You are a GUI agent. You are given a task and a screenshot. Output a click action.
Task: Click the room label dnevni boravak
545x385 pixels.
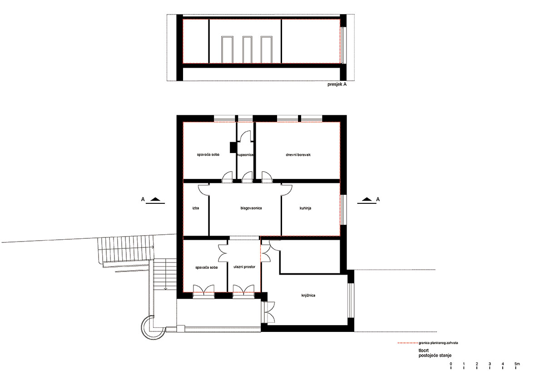(x=298, y=155)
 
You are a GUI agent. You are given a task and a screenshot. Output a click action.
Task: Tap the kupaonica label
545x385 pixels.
(x=245, y=155)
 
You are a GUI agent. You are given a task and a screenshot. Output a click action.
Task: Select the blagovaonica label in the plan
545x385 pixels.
(x=251, y=208)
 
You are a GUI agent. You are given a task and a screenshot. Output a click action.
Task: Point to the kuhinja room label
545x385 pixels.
(x=305, y=208)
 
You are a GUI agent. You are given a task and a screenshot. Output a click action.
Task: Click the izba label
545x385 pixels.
(x=196, y=208)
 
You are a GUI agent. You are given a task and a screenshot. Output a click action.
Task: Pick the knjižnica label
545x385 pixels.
(x=308, y=296)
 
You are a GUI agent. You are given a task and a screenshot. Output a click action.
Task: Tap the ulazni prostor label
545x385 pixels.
(x=244, y=267)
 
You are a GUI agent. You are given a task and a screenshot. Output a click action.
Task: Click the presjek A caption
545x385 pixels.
(x=337, y=84)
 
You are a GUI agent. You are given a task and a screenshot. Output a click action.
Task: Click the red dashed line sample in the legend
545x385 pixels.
(x=407, y=343)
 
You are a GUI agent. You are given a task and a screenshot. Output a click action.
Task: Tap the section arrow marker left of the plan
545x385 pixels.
(x=155, y=200)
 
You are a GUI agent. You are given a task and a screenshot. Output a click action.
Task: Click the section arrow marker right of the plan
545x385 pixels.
(x=367, y=200)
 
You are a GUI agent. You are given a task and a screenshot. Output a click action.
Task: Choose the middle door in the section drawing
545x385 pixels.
(x=247, y=49)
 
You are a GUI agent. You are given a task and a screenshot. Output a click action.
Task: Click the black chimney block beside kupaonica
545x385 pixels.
(x=233, y=148)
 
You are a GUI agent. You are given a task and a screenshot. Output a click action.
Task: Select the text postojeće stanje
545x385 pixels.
(x=435, y=355)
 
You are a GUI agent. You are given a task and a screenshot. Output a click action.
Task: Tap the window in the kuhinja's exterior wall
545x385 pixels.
(x=343, y=210)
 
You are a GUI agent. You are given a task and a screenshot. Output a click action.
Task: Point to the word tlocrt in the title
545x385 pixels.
(x=424, y=350)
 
